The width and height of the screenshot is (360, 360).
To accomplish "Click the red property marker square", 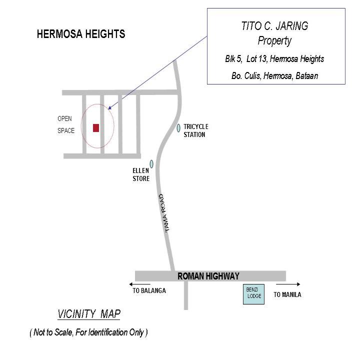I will (x=96, y=128).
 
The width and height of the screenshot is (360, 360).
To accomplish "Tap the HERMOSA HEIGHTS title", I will (x=81, y=34).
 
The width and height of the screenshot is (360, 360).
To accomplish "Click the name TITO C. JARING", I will (x=274, y=26).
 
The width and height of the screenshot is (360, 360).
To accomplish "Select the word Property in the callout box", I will (x=274, y=41).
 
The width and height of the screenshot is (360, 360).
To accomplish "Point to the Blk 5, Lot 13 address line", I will (x=274, y=59).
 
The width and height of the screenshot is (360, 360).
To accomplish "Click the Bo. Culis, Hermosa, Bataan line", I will (x=274, y=76).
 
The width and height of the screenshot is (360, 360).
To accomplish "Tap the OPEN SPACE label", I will (x=65, y=125).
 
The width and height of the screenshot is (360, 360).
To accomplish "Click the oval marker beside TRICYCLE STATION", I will (x=178, y=128).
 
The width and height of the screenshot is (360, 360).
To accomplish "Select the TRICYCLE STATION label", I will (x=195, y=130).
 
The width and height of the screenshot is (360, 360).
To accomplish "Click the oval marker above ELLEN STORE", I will (x=151, y=164).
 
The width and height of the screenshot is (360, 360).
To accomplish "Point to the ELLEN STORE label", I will (x=141, y=175).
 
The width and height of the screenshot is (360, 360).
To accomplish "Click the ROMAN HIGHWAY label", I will (x=208, y=276).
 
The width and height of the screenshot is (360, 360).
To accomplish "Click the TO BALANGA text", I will (x=149, y=291).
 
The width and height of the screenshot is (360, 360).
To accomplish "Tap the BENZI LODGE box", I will (x=253, y=294).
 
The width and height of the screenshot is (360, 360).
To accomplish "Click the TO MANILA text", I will (x=287, y=295).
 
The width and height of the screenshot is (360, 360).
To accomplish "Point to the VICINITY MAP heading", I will (x=89, y=314).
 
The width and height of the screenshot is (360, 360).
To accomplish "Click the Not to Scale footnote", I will (x=88, y=332).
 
